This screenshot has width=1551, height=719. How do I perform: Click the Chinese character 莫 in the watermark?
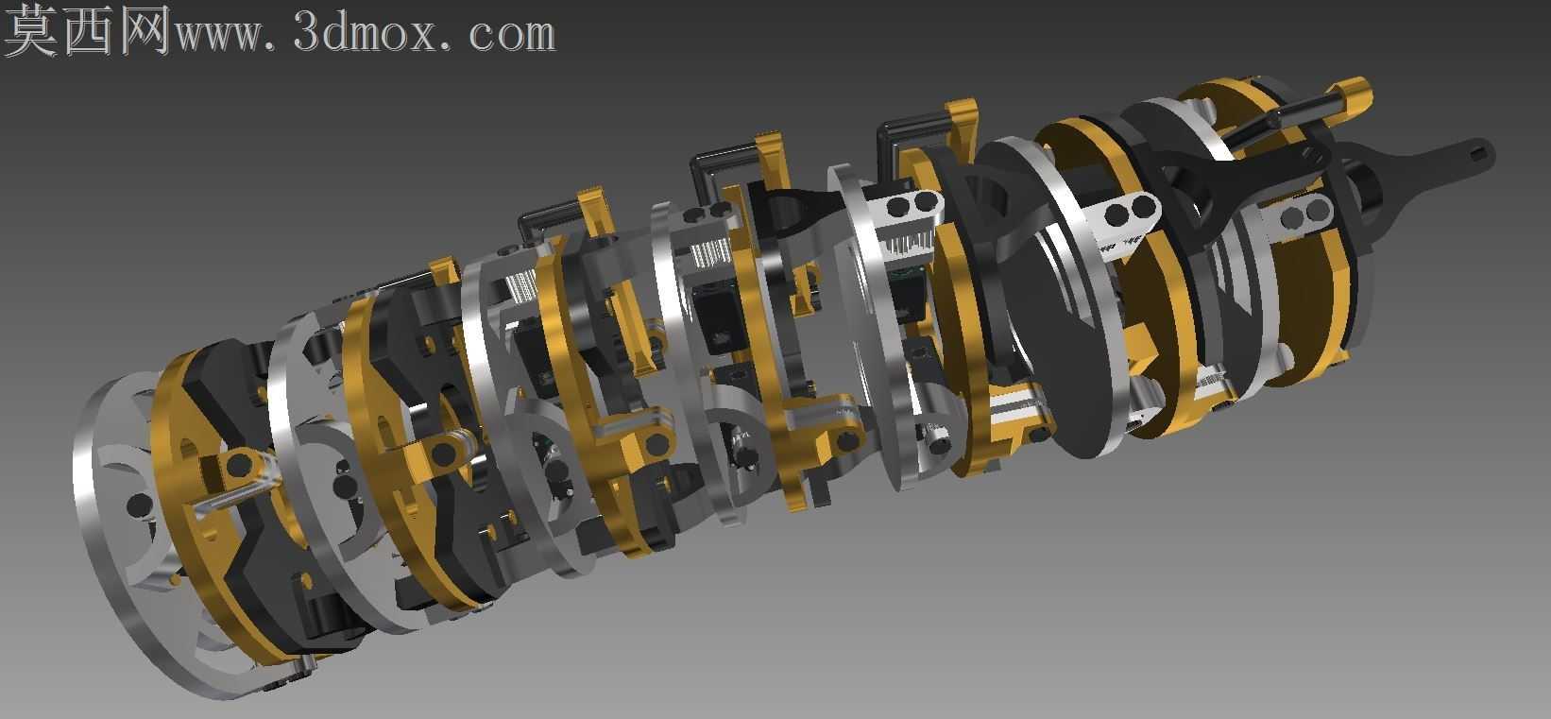[30, 30]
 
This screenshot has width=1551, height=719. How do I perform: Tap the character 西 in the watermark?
[89, 30]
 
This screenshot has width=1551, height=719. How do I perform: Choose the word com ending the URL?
[512, 36]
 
